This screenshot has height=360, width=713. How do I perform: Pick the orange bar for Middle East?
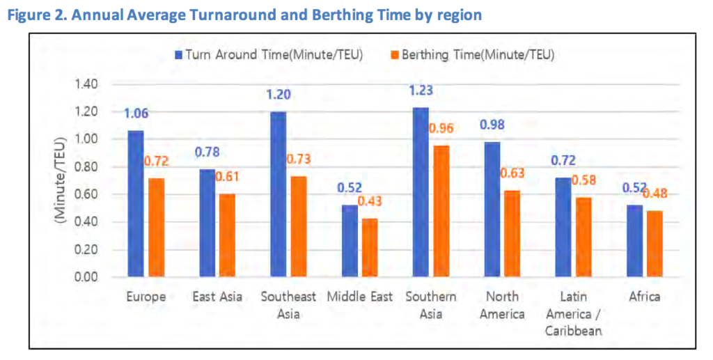click(x=369, y=248)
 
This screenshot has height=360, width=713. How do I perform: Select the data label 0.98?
click(x=492, y=125)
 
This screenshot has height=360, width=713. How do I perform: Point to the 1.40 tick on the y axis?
click(x=87, y=84)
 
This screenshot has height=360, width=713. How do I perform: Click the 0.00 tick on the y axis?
click(x=87, y=277)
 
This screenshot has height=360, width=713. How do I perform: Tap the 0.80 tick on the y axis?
click(x=87, y=167)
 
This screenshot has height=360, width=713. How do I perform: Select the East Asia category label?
click(x=217, y=297)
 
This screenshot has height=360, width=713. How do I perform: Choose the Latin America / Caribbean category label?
click(x=572, y=313)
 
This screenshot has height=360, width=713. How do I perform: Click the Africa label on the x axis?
click(x=643, y=297)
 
